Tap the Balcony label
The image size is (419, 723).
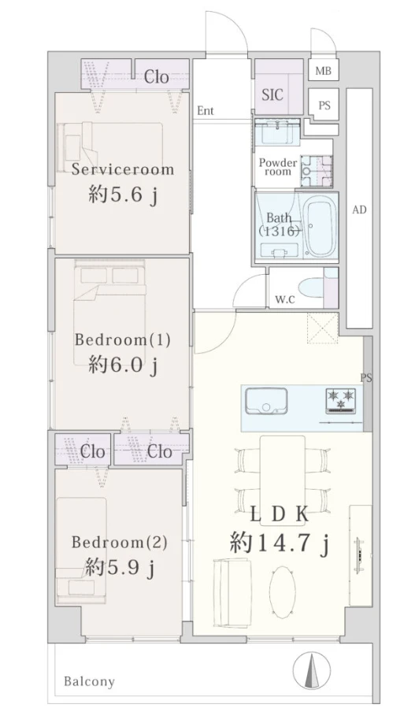coord(90,681)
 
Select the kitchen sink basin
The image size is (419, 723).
coord(266,402)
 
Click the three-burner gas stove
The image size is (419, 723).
coord(341,399)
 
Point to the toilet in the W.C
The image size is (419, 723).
coord(310,288)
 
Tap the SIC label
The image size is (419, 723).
coord(273,95)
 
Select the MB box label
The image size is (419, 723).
coord(323,72)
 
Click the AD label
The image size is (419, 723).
coord(359,209)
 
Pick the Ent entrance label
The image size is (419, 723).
coord(206,111)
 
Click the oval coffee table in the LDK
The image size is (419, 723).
coord(282,592)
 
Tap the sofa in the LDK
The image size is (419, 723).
coord(232,591)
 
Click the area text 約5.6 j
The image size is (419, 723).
coord(123,196)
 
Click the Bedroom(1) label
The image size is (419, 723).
coord(123,340)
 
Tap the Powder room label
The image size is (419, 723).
coord(278,166)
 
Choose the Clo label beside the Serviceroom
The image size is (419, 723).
coord(156,76)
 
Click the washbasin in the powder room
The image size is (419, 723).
coord(278,132)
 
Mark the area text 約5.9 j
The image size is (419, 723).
coord(120,568)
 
